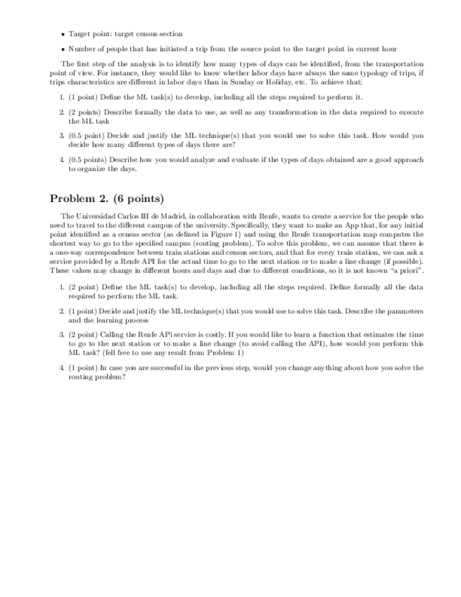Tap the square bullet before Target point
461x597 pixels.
[63, 34]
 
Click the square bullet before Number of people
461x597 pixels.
[63, 49]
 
